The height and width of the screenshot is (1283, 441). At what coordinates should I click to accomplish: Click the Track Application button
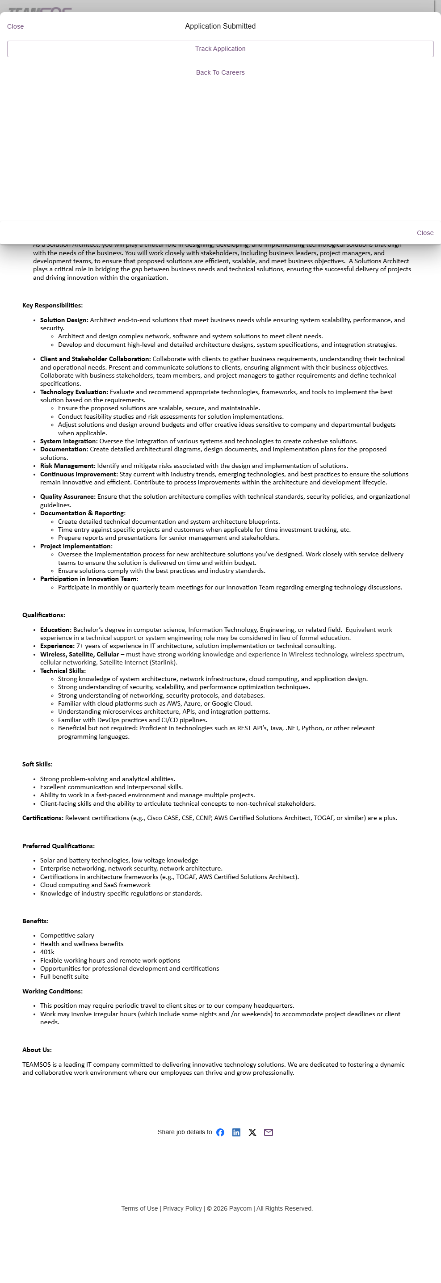point(220,49)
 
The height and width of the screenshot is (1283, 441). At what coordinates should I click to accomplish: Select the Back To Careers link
point(220,73)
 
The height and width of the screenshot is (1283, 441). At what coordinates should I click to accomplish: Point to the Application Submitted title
point(220,26)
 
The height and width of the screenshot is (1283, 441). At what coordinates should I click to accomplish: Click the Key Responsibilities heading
point(52,305)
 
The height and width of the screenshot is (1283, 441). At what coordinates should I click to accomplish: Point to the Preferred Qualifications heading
point(58,846)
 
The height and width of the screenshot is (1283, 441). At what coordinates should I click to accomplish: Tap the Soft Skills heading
point(38,765)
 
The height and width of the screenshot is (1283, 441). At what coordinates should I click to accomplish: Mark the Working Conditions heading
point(52,991)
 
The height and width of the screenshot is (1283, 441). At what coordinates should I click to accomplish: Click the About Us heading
point(37,1050)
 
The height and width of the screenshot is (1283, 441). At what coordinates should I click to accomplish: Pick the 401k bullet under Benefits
point(47,952)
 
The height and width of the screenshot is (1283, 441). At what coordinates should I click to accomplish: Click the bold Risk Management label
point(67,466)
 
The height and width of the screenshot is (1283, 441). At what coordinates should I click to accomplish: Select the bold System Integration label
point(69,441)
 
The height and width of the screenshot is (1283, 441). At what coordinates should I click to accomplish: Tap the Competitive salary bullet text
point(67,936)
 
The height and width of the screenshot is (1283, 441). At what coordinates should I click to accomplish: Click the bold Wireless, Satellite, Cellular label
point(82,654)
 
